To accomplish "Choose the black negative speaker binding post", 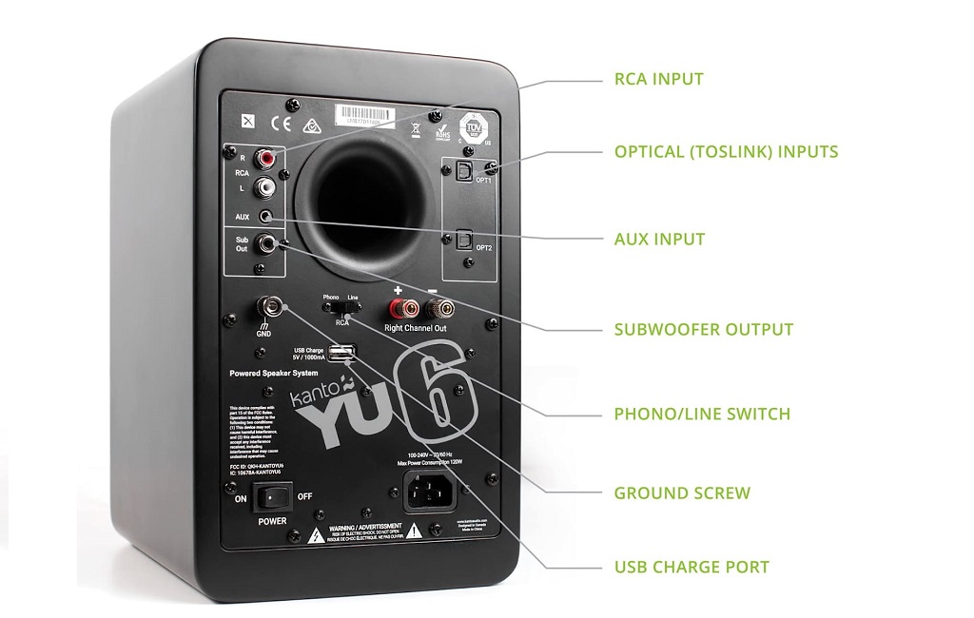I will [x=438, y=308].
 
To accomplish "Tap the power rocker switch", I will [x=272, y=496].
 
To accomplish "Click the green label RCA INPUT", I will [x=659, y=79].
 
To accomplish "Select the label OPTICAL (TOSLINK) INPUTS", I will [x=726, y=151].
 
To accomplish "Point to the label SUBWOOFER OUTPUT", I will [x=703, y=330].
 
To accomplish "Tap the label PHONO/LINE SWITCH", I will [x=702, y=414].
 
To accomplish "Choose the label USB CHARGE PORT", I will [x=692, y=568].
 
